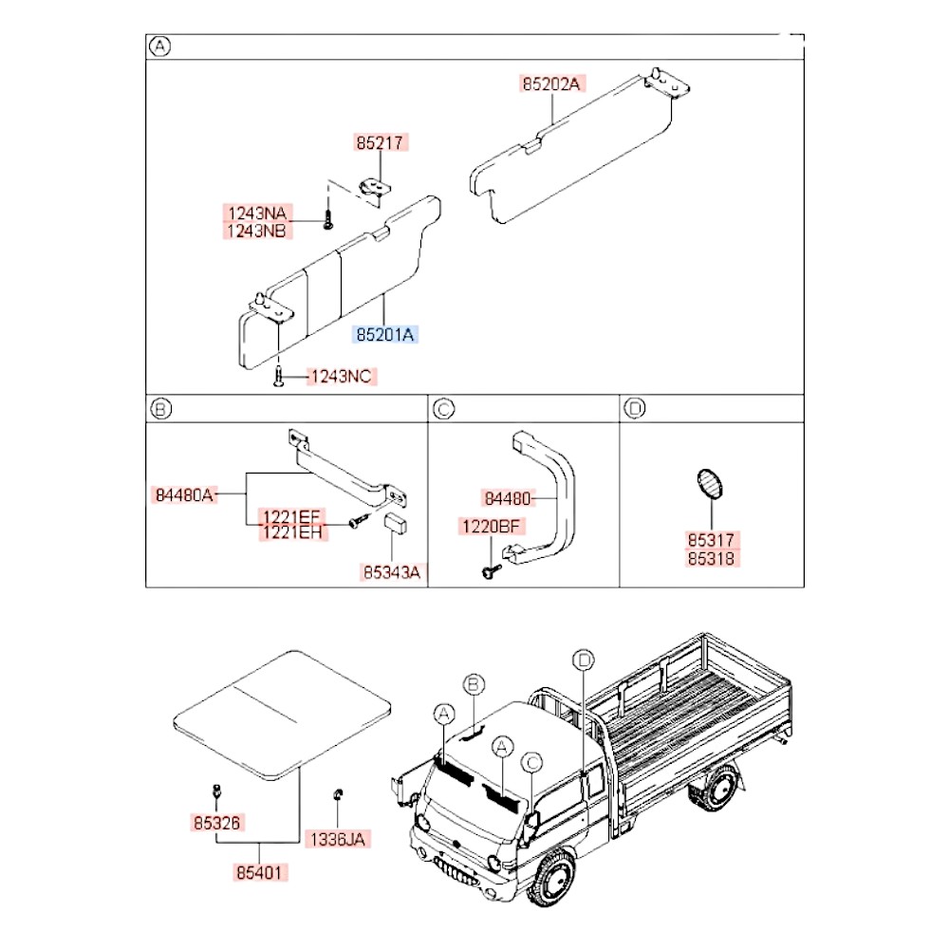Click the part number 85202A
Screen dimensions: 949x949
[x=550, y=84]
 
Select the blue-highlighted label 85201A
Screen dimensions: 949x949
[x=385, y=334]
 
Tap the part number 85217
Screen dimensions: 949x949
[x=380, y=143]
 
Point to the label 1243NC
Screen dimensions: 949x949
[x=342, y=377]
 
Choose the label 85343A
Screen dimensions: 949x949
[x=390, y=572]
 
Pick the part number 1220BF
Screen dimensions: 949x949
[x=492, y=525]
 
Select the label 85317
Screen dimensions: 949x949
[x=712, y=539]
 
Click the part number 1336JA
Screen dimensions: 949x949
[x=338, y=839]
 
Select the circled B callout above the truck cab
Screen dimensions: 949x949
[x=474, y=684]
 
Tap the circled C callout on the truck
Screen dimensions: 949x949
[x=532, y=761]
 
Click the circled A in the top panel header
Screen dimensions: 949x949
[x=160, y=46]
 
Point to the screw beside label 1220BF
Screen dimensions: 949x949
[x=490, y=570]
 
